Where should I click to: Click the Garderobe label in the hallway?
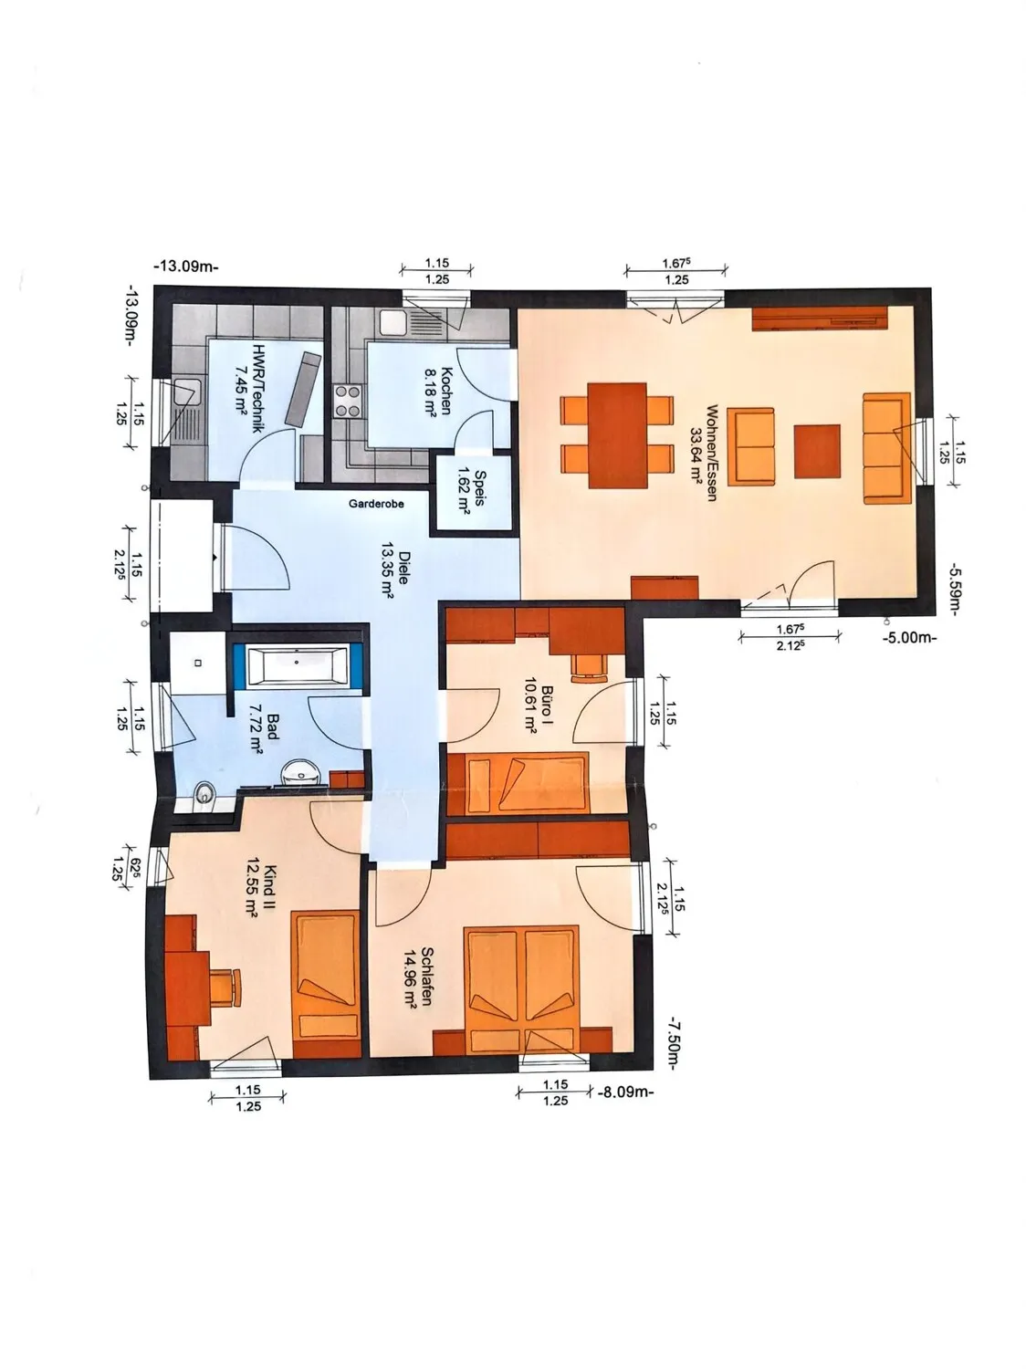(376, 503)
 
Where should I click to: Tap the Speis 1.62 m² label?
(472, 490)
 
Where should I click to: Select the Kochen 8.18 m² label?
(438, 391)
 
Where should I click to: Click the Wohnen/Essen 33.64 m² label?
(704, 453)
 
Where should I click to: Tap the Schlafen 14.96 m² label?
(419, 987)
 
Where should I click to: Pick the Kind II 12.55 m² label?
(262, 890)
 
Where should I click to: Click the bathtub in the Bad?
(298, 664)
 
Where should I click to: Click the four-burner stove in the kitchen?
(349, 402)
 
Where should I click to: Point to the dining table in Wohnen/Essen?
(617, 434)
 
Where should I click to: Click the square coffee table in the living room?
(817, 451)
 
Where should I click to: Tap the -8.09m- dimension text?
(625, 1092)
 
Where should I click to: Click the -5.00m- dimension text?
(911, 638)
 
